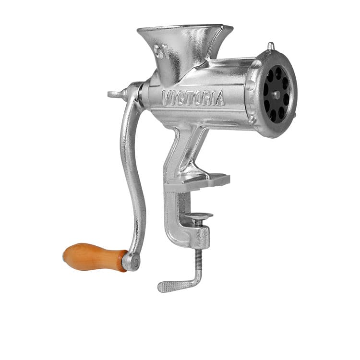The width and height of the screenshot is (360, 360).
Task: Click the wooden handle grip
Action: (x=94, y=257)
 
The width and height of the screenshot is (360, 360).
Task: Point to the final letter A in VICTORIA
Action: (x=219, y=99)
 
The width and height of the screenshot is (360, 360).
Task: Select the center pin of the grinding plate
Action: (x=276, y=95)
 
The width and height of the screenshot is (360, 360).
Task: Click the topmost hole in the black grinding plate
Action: (x=278, y=72)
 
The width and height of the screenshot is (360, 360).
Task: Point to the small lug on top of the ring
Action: (x=271, y=47)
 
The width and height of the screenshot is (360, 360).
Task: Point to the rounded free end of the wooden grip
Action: (x=66, y=253)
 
